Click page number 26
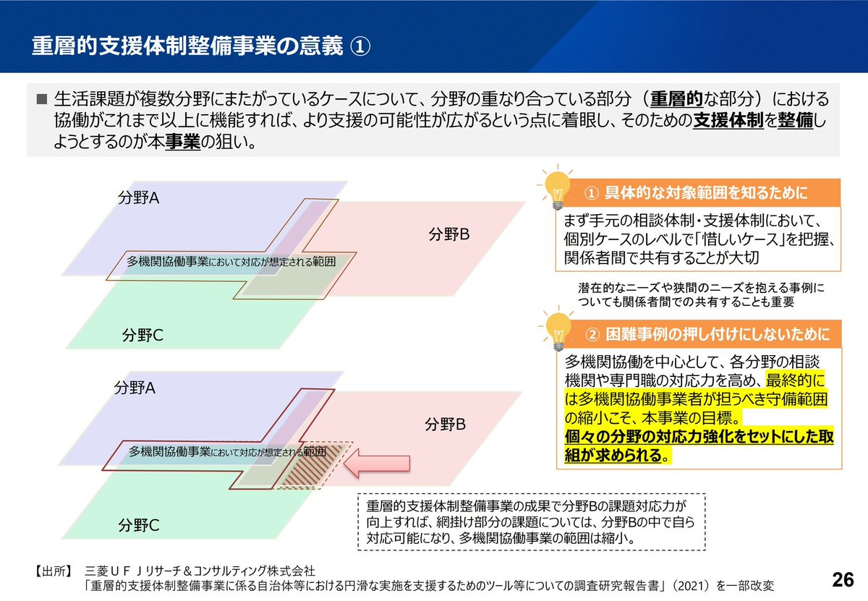point(842,579)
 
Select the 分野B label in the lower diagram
point(445,425)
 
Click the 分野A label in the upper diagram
point(138,197)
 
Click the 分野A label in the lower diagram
point(135,388)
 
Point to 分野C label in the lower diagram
point(139,524)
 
